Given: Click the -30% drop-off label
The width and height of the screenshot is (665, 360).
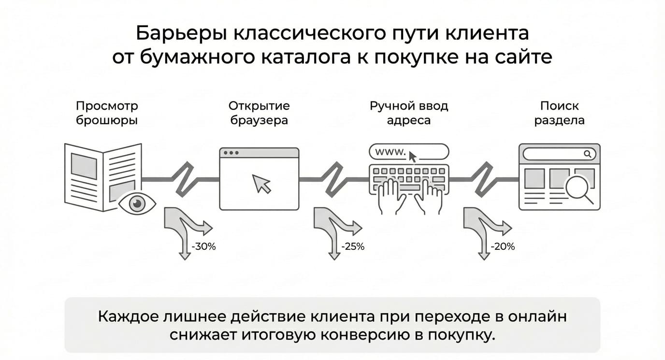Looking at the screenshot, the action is [203, 246].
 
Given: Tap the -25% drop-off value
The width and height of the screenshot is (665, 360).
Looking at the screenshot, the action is [353, 246].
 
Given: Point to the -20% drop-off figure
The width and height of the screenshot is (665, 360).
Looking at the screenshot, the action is [503, 246].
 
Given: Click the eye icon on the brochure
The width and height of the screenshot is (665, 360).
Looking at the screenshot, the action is [137, 203].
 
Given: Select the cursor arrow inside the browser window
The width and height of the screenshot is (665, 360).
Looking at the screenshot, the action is [261, 184].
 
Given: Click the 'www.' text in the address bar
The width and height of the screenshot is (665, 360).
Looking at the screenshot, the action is [390, 152].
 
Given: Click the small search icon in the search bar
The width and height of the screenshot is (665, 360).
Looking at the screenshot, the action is [588, 154].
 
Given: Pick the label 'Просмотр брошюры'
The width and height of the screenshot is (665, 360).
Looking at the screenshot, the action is [107, 113].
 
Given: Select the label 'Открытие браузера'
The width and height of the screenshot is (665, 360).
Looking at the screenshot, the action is [259, 113].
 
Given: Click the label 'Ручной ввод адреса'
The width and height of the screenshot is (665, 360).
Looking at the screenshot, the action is [409, 113].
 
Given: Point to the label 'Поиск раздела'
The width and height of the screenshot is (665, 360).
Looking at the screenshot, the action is [559, 113].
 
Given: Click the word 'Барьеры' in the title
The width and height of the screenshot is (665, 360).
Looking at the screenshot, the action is [181, 33].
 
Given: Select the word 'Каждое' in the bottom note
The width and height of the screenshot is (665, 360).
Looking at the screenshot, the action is [128, 317].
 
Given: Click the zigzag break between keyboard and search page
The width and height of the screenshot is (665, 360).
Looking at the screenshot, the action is [484, 179].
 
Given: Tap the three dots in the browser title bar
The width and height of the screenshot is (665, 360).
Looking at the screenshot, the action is [231, 153].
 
